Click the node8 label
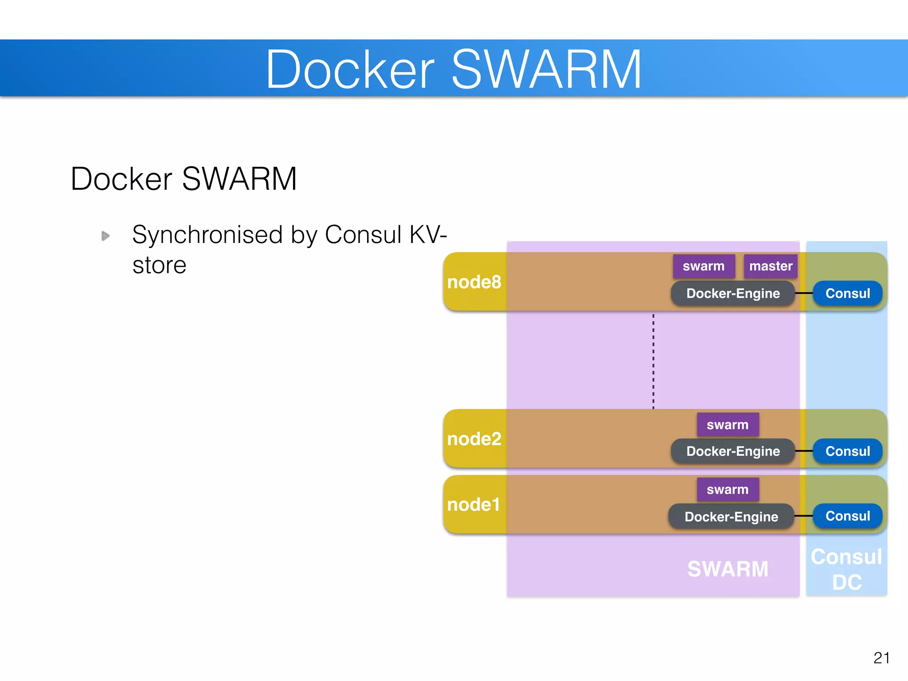point(474,282)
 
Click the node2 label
point(474,439)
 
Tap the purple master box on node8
point(771,266)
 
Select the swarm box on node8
point(704,266)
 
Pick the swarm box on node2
point(728,425)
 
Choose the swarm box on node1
point(728,489)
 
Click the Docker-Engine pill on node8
point(733,294)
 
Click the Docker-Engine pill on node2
point(733,451)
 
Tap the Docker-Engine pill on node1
point(731,517)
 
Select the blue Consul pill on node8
point(847,294)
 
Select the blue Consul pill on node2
point(847,451)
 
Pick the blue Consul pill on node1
point(847,516)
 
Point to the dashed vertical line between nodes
point(653,361)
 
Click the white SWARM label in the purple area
point(728,569)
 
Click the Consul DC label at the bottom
point(846,569)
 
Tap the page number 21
point(881,658)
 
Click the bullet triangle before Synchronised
point(106,235)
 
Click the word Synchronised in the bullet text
point(207,235)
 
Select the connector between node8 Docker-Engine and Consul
point(804,294)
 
